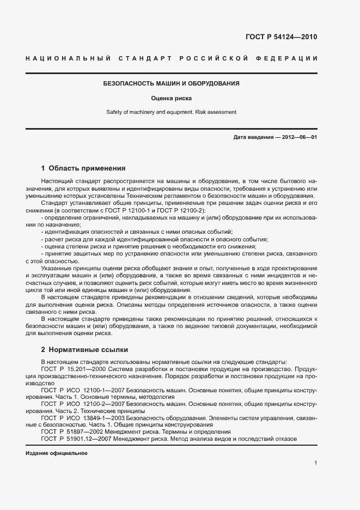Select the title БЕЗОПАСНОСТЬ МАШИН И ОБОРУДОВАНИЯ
coord(172,84)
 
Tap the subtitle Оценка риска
coord(172,99)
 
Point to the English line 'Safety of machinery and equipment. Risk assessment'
coord(172,112)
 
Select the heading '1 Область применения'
coord(83,168)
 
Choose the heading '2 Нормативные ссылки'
coord(84,349)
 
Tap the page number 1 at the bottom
coord(315,463)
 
